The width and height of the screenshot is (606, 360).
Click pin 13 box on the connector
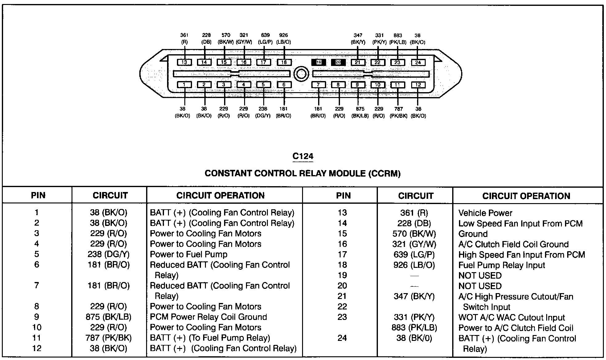click(184, 62)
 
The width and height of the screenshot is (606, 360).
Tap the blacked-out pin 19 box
click(318, 62)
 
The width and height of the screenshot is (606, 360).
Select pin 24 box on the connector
click(418, 63)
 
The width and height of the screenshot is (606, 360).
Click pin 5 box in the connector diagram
click(264, 85)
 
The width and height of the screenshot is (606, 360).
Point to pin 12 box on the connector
click(418, 85)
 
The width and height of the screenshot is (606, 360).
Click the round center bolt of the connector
click(301, 74)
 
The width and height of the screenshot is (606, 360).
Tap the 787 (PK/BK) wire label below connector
click(399, 112)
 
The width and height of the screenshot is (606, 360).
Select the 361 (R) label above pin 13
click(184, 39)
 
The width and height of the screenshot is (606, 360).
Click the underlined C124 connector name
click(303, 157)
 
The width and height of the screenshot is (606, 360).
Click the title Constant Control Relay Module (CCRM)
click(303, 174)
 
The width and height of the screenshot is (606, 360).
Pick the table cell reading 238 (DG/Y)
click(109, 254)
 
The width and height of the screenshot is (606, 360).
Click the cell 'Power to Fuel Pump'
click(189, 254)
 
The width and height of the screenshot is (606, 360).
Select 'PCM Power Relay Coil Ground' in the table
click(208, 317)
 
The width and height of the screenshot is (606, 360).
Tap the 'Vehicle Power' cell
click(485, 213)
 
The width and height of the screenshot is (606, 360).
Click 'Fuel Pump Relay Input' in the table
click(502, 265)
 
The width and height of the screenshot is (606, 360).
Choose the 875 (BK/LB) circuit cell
click(109, 317)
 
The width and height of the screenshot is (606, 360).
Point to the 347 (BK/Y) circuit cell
click(414, 297)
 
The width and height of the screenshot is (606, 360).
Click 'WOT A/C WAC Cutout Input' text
click(512, 317)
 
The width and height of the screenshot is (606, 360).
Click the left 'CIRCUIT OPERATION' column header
click(220, 195)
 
